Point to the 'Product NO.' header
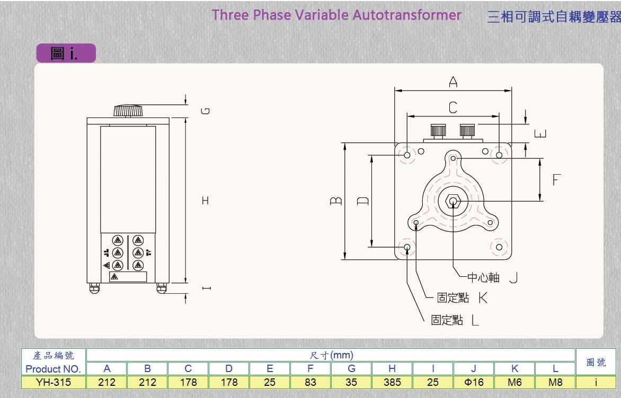click(53, 368)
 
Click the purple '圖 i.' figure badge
click(66, 53)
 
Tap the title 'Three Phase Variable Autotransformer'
click(336, 15)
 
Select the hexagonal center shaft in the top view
click(453, 201)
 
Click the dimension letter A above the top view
click(453, 82)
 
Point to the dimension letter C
click(453, 108)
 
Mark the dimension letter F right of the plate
click(556, 180)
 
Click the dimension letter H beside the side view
click(206, 201)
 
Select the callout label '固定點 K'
click(462, 298)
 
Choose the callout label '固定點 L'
click(455, 320)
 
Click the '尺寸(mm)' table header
click(331, 355)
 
